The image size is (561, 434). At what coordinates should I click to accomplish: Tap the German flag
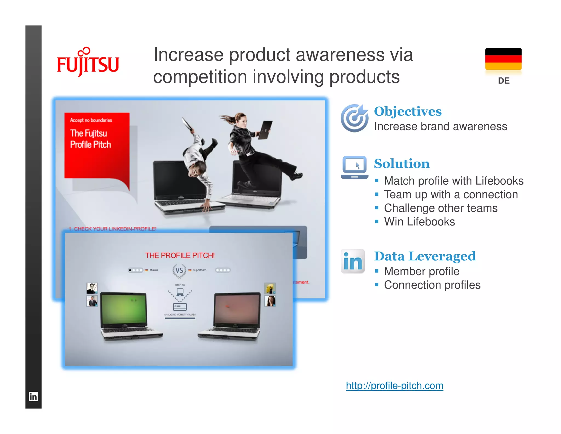[503, 59]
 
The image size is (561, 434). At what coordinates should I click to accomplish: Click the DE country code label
[503, 81]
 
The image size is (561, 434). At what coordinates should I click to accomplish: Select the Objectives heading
[408, 111]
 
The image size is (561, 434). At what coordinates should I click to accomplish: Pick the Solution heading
[402, 164]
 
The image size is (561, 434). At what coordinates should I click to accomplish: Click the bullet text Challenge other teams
[440, 208]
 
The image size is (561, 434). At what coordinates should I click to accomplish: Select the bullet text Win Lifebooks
[419, 222]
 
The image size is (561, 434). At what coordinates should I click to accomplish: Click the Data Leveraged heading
[425, 256]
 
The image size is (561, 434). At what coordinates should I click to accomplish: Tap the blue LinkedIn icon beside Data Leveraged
[353, 261]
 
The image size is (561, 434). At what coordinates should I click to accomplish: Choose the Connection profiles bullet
[432, 285]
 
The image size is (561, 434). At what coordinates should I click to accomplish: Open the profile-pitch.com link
[394, 386]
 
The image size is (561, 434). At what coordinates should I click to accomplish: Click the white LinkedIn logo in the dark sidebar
[33, 396]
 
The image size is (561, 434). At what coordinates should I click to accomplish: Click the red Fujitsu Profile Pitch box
[96, 145]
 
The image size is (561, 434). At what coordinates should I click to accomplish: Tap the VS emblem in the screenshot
[179, 270]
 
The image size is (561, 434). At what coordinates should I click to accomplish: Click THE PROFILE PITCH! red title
[180, 255]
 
